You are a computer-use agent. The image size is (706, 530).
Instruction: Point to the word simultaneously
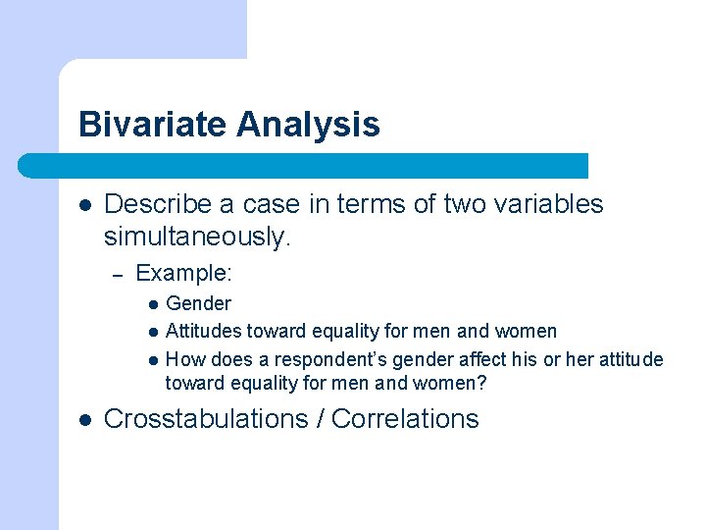[x=197, y=236]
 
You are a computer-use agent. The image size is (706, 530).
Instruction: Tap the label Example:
[x=183, y=273]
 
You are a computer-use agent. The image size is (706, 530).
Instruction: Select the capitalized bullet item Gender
[x=198, y=304]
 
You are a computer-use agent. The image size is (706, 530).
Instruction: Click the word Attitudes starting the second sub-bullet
[x=203, y=332]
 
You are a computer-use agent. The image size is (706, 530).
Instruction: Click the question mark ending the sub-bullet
[x=481, y=383]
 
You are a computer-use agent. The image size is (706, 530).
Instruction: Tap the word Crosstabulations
[x=205, y=419]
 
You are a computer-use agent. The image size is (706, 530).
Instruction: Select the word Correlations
[x=405, y=419]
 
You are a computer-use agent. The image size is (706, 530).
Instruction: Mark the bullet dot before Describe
[x=84, y=205]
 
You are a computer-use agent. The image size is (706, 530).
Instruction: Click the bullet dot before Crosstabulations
[x=84, y=420]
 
